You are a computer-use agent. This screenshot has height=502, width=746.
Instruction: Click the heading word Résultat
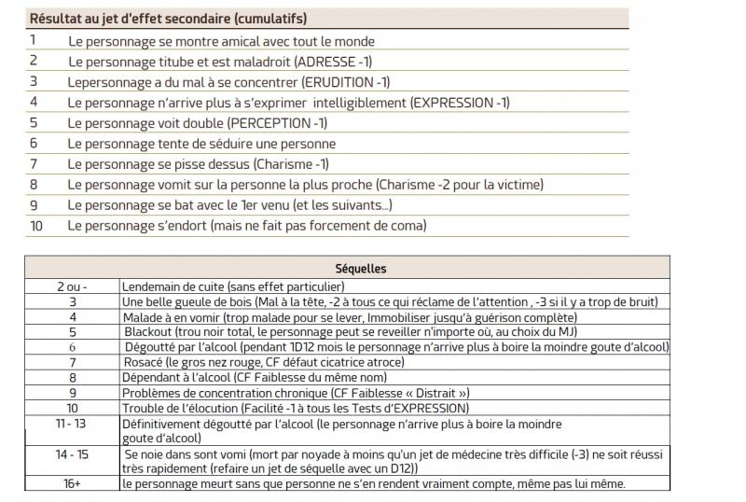[x=58, y=19]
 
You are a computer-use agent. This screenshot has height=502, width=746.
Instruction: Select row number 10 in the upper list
[x=36, y=226]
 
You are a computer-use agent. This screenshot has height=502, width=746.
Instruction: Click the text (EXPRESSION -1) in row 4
[x=460, y=103]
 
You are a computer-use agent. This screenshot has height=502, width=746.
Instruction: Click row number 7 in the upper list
[x=34, y=164]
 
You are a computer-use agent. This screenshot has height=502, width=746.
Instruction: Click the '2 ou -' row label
[x=72, y=286]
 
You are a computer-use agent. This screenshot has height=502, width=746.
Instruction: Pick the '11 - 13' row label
[x=72, y=423]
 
